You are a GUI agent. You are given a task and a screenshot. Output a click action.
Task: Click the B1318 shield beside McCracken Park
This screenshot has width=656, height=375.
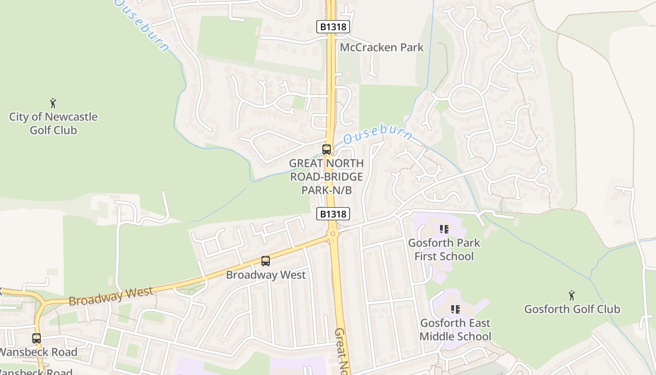(x=334, y=27)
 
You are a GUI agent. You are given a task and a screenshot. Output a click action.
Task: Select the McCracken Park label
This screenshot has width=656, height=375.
(x=381, y=47)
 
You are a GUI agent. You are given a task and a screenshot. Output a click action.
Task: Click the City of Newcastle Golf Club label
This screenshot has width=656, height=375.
(x=53, y=123)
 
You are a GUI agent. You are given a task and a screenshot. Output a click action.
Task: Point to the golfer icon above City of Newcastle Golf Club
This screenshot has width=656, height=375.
(x=53, y=103)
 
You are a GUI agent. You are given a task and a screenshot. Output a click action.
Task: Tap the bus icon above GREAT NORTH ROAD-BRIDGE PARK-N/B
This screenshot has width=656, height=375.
(x=327, y=150)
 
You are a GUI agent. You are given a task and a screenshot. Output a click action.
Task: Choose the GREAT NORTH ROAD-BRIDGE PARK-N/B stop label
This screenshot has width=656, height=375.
(x=327, y=177)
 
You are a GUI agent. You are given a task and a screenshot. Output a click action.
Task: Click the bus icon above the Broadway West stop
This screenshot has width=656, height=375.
(x=266, y=261)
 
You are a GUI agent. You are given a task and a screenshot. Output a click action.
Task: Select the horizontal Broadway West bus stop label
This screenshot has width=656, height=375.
(x=266, y=275)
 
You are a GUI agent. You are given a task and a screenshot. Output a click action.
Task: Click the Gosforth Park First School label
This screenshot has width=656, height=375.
(x=444, y=249)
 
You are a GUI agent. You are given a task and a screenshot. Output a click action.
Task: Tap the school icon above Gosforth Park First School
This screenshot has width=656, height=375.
(x=444, y=229)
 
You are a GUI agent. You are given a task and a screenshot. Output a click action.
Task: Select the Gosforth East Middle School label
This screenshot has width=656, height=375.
(x=455, y=330)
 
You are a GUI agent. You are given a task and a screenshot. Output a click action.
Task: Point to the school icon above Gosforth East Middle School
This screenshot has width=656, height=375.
(x=455, y=309)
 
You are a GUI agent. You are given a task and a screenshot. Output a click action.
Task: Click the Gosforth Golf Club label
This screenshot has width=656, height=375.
(x=572, y=309)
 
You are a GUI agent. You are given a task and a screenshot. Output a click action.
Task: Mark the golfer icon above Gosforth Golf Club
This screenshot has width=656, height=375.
(x=572, y=295)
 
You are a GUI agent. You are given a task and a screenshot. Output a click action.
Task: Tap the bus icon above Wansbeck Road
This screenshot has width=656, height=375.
(x=37, y=338)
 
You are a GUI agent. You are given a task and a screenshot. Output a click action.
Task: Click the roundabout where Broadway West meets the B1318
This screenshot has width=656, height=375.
(x=333, y=233)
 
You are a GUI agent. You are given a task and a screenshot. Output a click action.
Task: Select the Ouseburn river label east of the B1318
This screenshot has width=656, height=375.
(x=378, y=134)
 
